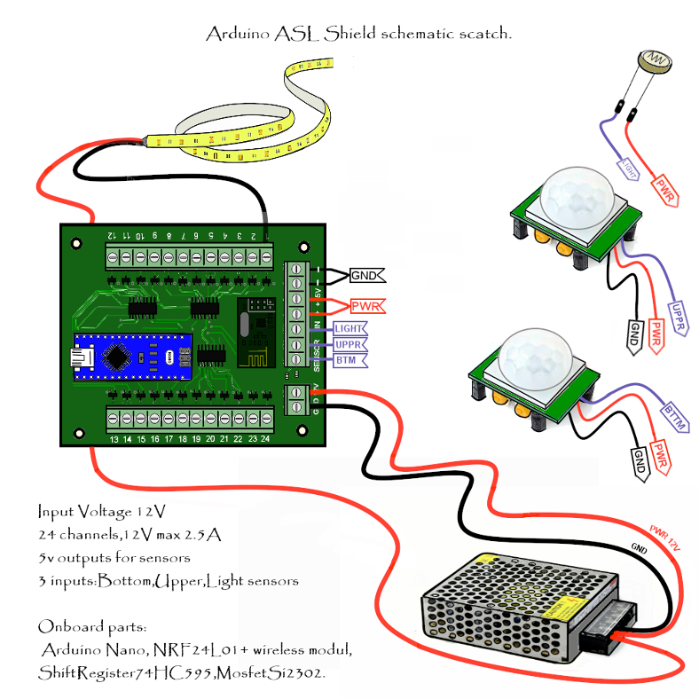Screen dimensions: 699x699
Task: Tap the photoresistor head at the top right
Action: point(654,60)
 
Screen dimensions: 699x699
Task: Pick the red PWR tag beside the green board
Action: point(366,307)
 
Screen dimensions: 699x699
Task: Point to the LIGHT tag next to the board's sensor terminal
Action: point(350,328)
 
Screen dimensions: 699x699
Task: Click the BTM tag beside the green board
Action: point(345,360)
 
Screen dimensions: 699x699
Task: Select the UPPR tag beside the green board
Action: point(348,344)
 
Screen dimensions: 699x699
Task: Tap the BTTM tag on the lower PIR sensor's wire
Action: point(675,418)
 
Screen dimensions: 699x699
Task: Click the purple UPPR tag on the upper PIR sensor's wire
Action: point(679,318)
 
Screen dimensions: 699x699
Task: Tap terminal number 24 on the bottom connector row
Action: point(265,439)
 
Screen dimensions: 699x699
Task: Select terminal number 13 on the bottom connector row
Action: point(114,439)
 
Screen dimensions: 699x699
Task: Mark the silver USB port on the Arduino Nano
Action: point(82,357)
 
